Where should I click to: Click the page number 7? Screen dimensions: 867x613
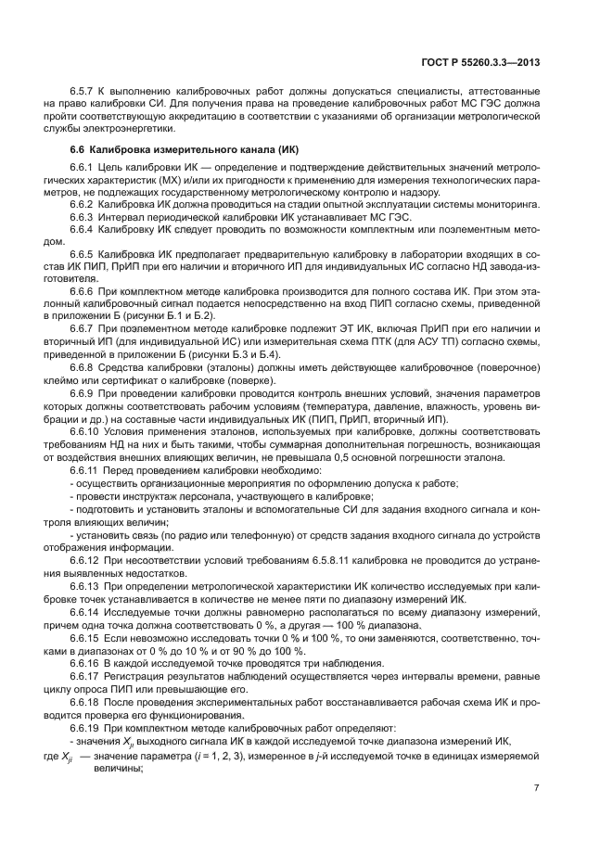click(x=537, y=788)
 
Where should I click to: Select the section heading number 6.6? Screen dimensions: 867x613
click(x=79, y=150)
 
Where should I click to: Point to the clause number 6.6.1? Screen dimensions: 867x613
click(x=84, y=166)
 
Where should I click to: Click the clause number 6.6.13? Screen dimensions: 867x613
click(x=86, y=589)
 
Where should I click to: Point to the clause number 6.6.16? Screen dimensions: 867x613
click(x=86, y=665)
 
